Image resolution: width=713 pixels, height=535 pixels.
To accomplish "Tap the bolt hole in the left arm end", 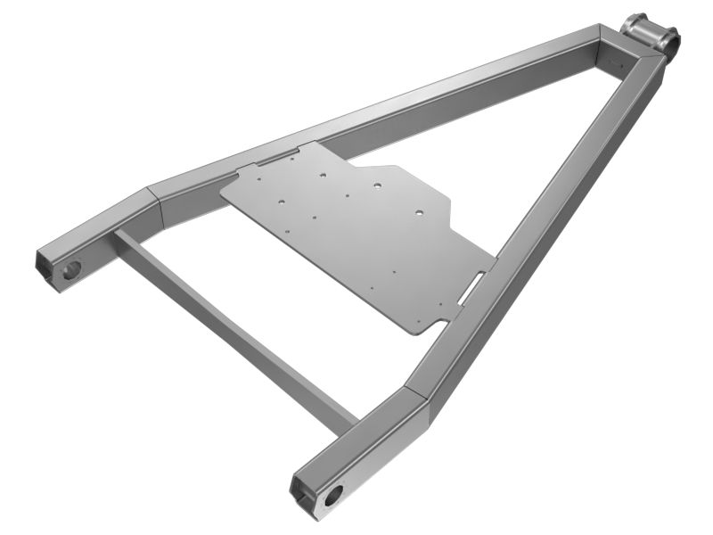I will pyautogui.click(x=73, y=267).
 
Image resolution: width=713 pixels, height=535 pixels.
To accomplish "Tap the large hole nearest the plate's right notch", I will pyautogui.click(x=415, y=214).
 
